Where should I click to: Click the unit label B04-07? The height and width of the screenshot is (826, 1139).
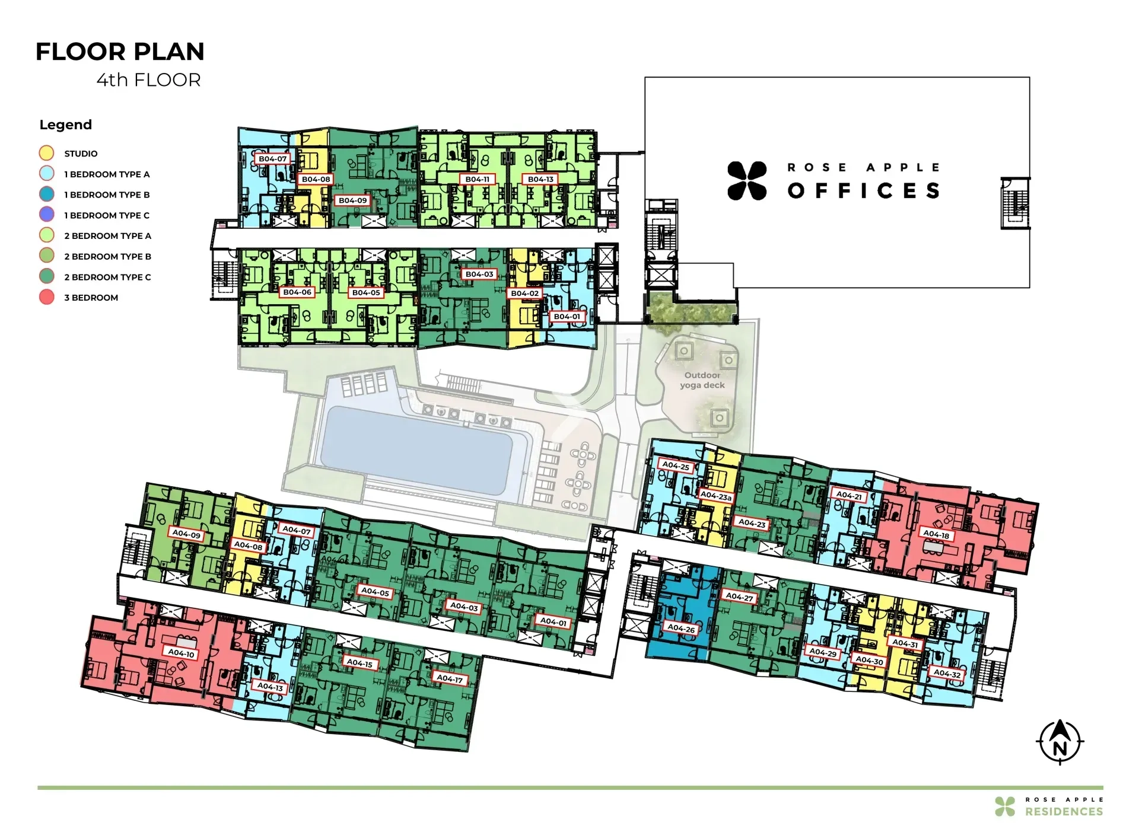(x=273, y=159)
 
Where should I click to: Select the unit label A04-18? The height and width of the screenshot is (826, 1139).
(x=936, y=534)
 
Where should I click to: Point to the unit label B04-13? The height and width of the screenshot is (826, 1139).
(x=540, y=179)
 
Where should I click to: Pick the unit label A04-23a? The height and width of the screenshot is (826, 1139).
(x=716, y=495)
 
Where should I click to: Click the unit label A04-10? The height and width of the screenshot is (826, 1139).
(x=181, y=653)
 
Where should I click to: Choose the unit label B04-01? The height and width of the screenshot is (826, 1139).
(x=567, y=317)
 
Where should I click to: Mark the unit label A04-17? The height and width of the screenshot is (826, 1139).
(x=450, y=678)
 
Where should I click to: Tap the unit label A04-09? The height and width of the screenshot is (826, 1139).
(x=187, y=534)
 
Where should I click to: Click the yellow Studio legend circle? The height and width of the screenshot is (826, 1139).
(x=46, y=153)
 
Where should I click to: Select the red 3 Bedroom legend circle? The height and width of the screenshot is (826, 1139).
(x=46, y=297)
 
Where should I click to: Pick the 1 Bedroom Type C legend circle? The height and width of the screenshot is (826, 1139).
(x=46, y=215)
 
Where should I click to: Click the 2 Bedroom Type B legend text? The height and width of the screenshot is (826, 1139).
(x=107, y=256)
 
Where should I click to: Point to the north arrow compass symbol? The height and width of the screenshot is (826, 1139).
(x=1060, y=742)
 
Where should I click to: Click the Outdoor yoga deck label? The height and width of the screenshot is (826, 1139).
(x=702, y=380)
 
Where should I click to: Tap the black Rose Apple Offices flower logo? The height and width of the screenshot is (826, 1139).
(x=747, y=180)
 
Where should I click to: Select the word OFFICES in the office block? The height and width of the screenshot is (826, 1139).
(x=864, y=190)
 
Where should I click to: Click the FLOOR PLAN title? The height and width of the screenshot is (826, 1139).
(x=120, y=52)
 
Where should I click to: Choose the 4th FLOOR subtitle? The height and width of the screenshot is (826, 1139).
(x=149, y=79)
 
